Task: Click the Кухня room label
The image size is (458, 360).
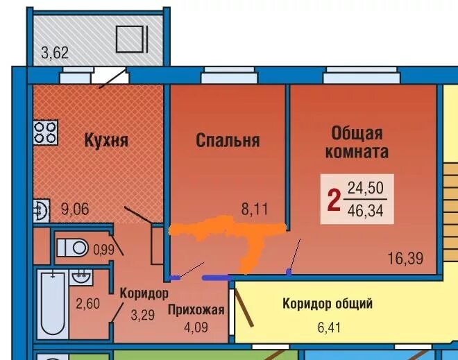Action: coord(106,140)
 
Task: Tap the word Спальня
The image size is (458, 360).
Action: coord(228,140)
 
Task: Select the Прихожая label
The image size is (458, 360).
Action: coord(196,310)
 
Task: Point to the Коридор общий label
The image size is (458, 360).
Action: coord(328,304)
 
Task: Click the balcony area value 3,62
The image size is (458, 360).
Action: coord(55,53)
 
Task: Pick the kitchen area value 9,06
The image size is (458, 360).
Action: coord(75,209)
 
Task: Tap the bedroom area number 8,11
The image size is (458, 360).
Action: coord(255,209)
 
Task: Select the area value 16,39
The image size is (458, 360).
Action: coord(405,258)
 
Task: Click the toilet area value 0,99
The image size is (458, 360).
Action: coord(103,250)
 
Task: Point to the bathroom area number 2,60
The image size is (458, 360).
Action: coord(87,304)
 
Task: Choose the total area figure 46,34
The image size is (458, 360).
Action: coord(366,210)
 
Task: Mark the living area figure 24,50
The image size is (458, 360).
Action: coord(366,187)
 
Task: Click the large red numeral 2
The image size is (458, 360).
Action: coord(334,200)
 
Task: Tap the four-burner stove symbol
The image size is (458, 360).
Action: coord(45,132)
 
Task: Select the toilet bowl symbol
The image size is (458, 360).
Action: coord(72,248)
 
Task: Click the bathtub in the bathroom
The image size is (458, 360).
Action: coord(53,304)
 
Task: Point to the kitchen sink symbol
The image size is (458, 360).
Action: coord(41,210)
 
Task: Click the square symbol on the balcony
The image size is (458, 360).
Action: coord(130,40)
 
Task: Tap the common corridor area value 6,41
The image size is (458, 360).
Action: coord(329,327)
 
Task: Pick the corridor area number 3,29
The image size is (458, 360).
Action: coord(142,316)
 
